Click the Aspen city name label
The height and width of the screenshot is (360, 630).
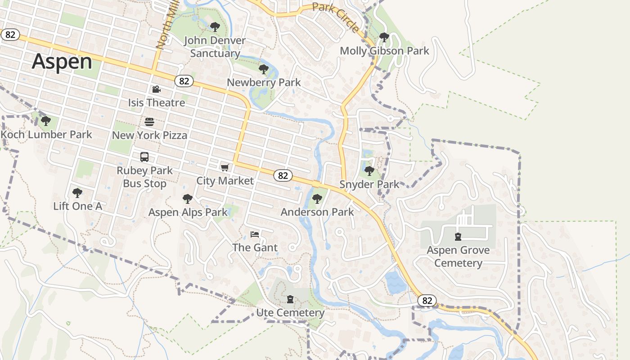coord(62,61)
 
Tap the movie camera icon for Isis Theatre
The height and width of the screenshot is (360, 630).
coord(156,90)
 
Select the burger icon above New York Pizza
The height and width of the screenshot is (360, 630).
coord(149,121)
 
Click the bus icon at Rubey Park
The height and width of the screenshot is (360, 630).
coord(144,157)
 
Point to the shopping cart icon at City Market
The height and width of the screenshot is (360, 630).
coord(225,168)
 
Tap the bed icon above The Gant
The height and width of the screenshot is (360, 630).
coord(255,234)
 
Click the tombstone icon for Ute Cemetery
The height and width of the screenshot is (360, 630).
coord(290,299)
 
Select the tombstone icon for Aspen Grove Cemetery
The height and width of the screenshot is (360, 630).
coord(458,237)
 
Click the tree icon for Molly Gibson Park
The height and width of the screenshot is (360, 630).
coord(384,37)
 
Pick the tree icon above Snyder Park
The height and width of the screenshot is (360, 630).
coord(369,171)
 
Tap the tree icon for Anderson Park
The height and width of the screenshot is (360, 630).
coord(317,198)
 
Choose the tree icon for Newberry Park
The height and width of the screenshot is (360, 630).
coord(264,69)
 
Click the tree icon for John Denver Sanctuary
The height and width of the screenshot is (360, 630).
coord(215,27)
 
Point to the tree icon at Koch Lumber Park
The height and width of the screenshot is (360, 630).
coord(45,121)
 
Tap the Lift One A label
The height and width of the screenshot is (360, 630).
coord(78,207)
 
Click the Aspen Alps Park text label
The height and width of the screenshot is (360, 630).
coord(188,212)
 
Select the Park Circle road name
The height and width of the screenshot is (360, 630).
coord(336,17)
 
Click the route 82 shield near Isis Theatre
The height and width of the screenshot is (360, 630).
coord(184,81)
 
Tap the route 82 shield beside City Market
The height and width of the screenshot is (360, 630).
coord(283,175)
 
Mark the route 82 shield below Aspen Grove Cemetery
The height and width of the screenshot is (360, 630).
coord(427,301)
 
